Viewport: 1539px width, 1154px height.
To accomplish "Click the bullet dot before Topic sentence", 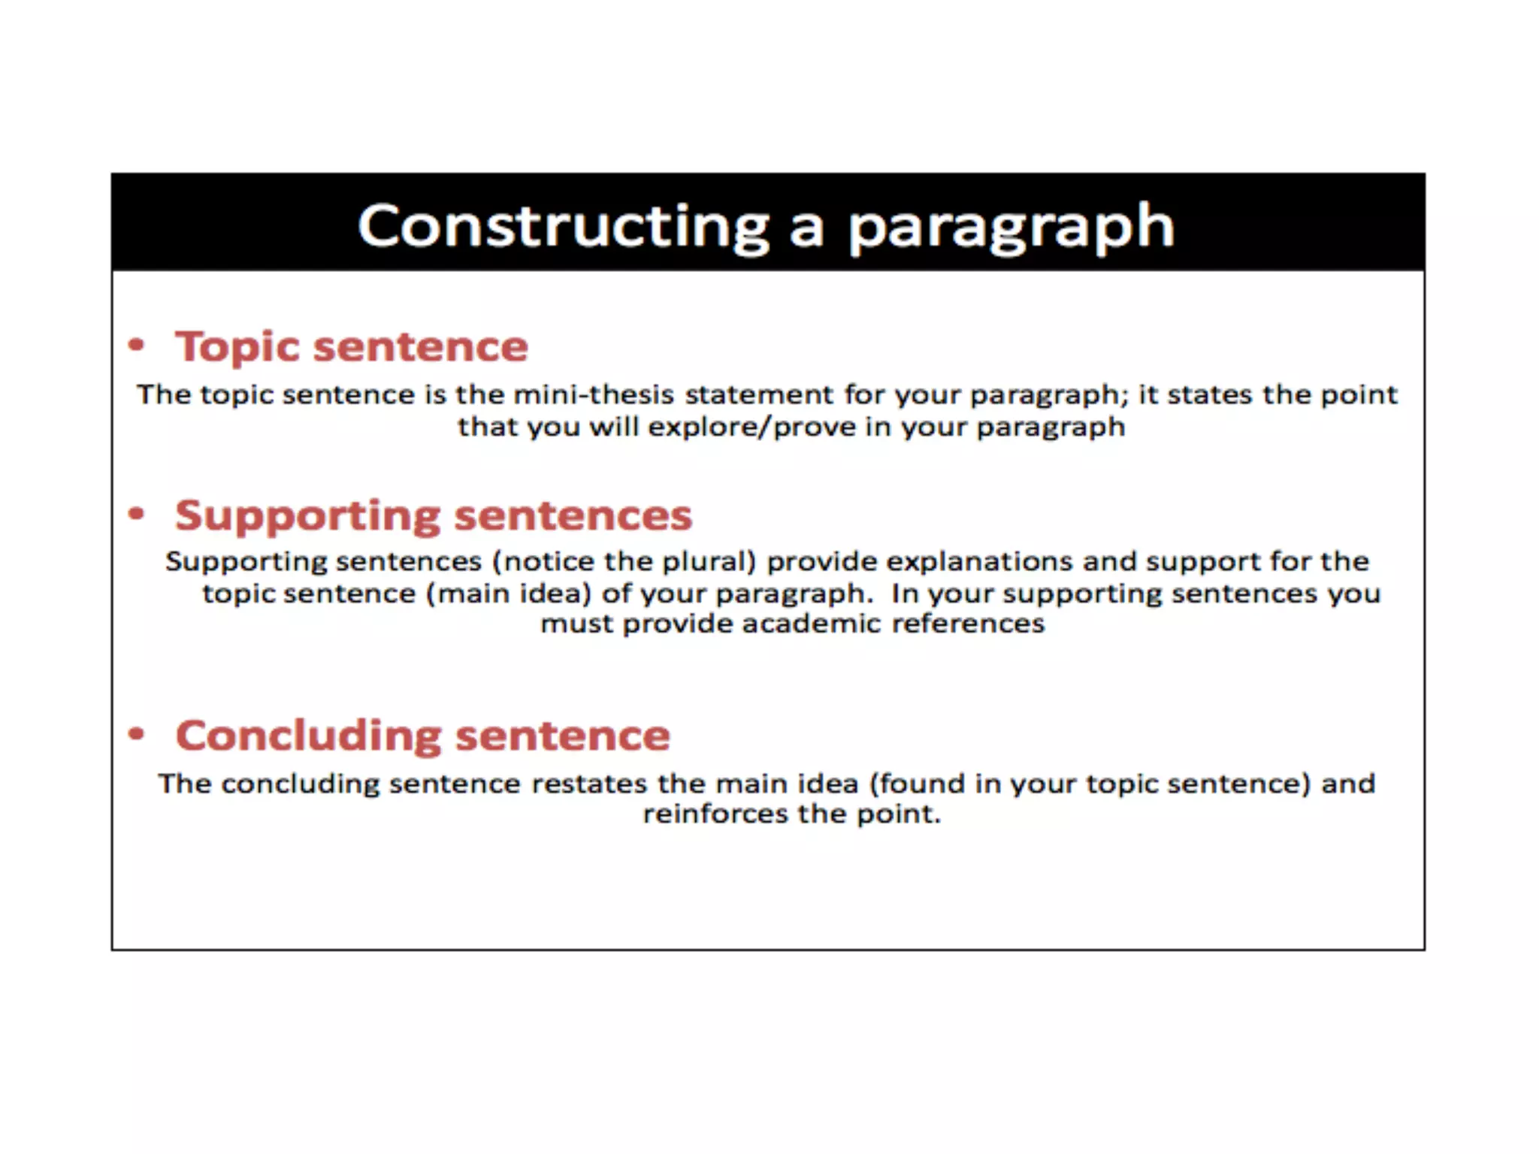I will coord(136,345).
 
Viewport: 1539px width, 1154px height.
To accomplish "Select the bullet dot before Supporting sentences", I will coord(136,514).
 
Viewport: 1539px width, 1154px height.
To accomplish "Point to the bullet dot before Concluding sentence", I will coord(136,734).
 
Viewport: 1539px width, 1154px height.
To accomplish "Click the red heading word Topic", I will coord(237,348).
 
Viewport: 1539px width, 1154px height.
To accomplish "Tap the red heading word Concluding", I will coord(308,736).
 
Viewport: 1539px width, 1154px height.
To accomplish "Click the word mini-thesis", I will coord(593,394).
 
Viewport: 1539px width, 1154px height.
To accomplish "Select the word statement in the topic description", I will coord(759,394).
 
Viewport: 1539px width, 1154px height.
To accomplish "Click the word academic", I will coord(811,624).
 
